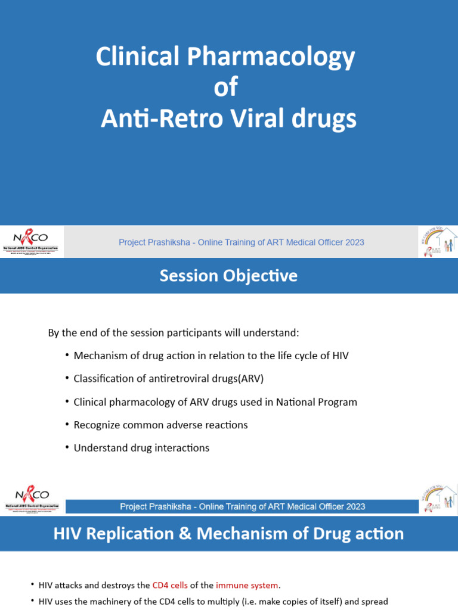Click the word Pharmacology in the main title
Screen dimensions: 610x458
click(x=272, y=57)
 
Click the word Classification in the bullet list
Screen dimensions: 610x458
click(x=102, y=379)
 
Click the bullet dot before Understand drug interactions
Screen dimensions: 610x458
click(x=67, y=447)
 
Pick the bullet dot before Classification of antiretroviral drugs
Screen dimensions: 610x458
click(x=67, y=378)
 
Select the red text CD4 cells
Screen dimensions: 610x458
click(x=170, y=586)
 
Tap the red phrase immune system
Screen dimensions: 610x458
click(x=247, y=586)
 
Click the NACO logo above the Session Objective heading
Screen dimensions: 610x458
click(x=32, y=242)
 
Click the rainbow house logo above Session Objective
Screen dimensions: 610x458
click(x=438, y=242)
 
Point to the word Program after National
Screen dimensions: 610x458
click(x=338, y=402)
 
